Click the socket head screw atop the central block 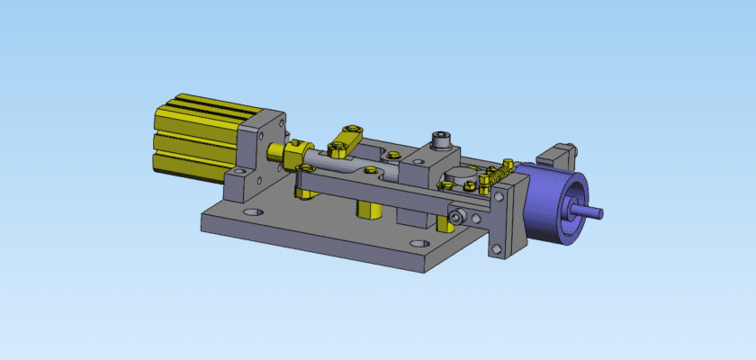pos(439,139)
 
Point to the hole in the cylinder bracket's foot pos(237,171)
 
